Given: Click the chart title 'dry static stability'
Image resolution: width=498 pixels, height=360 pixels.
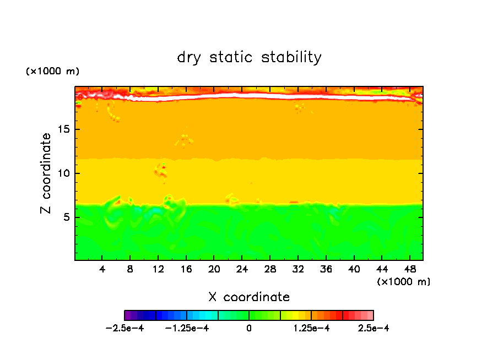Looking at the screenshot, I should [249, 57].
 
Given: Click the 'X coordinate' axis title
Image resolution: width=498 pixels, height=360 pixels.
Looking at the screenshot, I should [249, 297].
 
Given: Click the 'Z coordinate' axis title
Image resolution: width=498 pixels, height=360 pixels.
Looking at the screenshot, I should [46, 173].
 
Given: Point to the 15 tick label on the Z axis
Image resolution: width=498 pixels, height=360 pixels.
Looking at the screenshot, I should [65, 130].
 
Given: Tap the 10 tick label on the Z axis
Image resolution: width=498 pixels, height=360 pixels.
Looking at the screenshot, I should [65, 173].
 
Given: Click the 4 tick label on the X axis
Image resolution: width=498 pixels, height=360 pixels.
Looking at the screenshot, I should [102, 270].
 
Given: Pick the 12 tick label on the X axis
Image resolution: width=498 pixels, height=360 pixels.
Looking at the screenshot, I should [158, 270].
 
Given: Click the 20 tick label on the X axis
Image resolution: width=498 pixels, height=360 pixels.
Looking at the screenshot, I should [214, 270].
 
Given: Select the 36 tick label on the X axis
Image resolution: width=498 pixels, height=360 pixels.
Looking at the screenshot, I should [326, 270].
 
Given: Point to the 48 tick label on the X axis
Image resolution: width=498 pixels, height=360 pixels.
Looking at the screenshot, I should [409, 270].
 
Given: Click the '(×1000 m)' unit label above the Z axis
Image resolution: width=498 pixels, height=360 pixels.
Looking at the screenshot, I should [53, 72].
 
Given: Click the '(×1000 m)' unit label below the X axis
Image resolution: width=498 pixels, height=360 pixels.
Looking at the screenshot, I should [404, 282].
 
